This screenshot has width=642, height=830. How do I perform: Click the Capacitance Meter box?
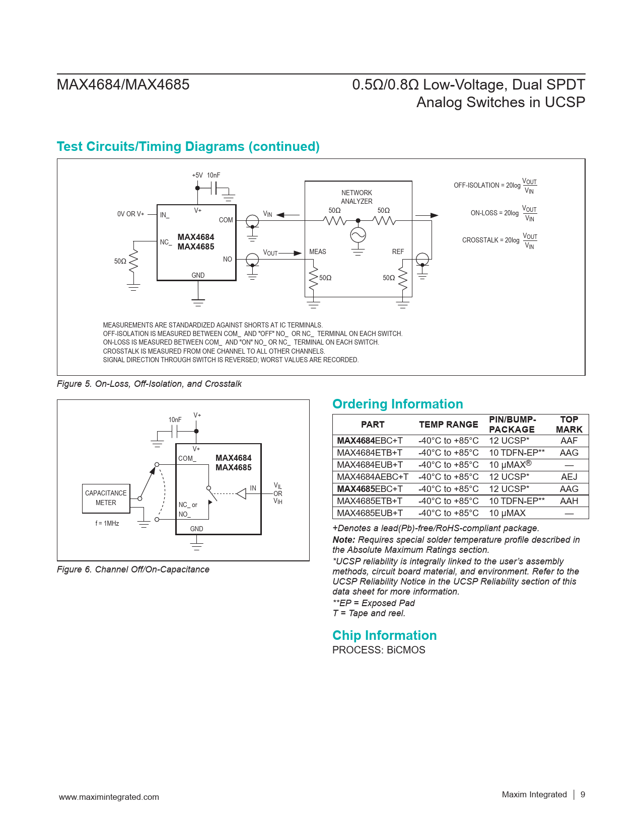click(106, 498)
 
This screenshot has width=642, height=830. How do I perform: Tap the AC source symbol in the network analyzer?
click(358, 235)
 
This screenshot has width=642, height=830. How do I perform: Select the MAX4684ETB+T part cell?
click(370, 453)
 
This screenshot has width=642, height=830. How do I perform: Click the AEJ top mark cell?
click(569, 477)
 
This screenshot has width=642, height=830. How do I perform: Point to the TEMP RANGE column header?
click(448, 425)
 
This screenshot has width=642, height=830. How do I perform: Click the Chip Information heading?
click(384, 635)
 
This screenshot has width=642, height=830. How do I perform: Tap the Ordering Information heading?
click(397, 404)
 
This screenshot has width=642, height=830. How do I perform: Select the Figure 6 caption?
click(133, 569)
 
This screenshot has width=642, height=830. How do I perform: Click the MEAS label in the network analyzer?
click(318, 252)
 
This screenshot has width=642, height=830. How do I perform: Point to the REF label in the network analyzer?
click(398, 252)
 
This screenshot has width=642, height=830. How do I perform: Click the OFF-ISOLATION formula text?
click(495, 186)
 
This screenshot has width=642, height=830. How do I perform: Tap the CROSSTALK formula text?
click(500, 240)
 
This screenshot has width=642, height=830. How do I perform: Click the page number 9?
click(583, 794)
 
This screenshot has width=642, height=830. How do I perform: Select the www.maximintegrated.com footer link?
click(109, 797)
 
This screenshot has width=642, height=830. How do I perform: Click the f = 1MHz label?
click(107, 523)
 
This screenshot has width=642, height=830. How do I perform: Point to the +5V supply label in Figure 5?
click(197, 175)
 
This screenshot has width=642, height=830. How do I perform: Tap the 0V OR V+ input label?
click(130, 214)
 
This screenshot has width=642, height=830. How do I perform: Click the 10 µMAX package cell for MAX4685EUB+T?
click(507, 513)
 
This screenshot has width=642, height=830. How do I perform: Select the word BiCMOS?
click(406, 650)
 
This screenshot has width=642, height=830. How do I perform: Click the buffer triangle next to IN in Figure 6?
click(242, 493)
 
